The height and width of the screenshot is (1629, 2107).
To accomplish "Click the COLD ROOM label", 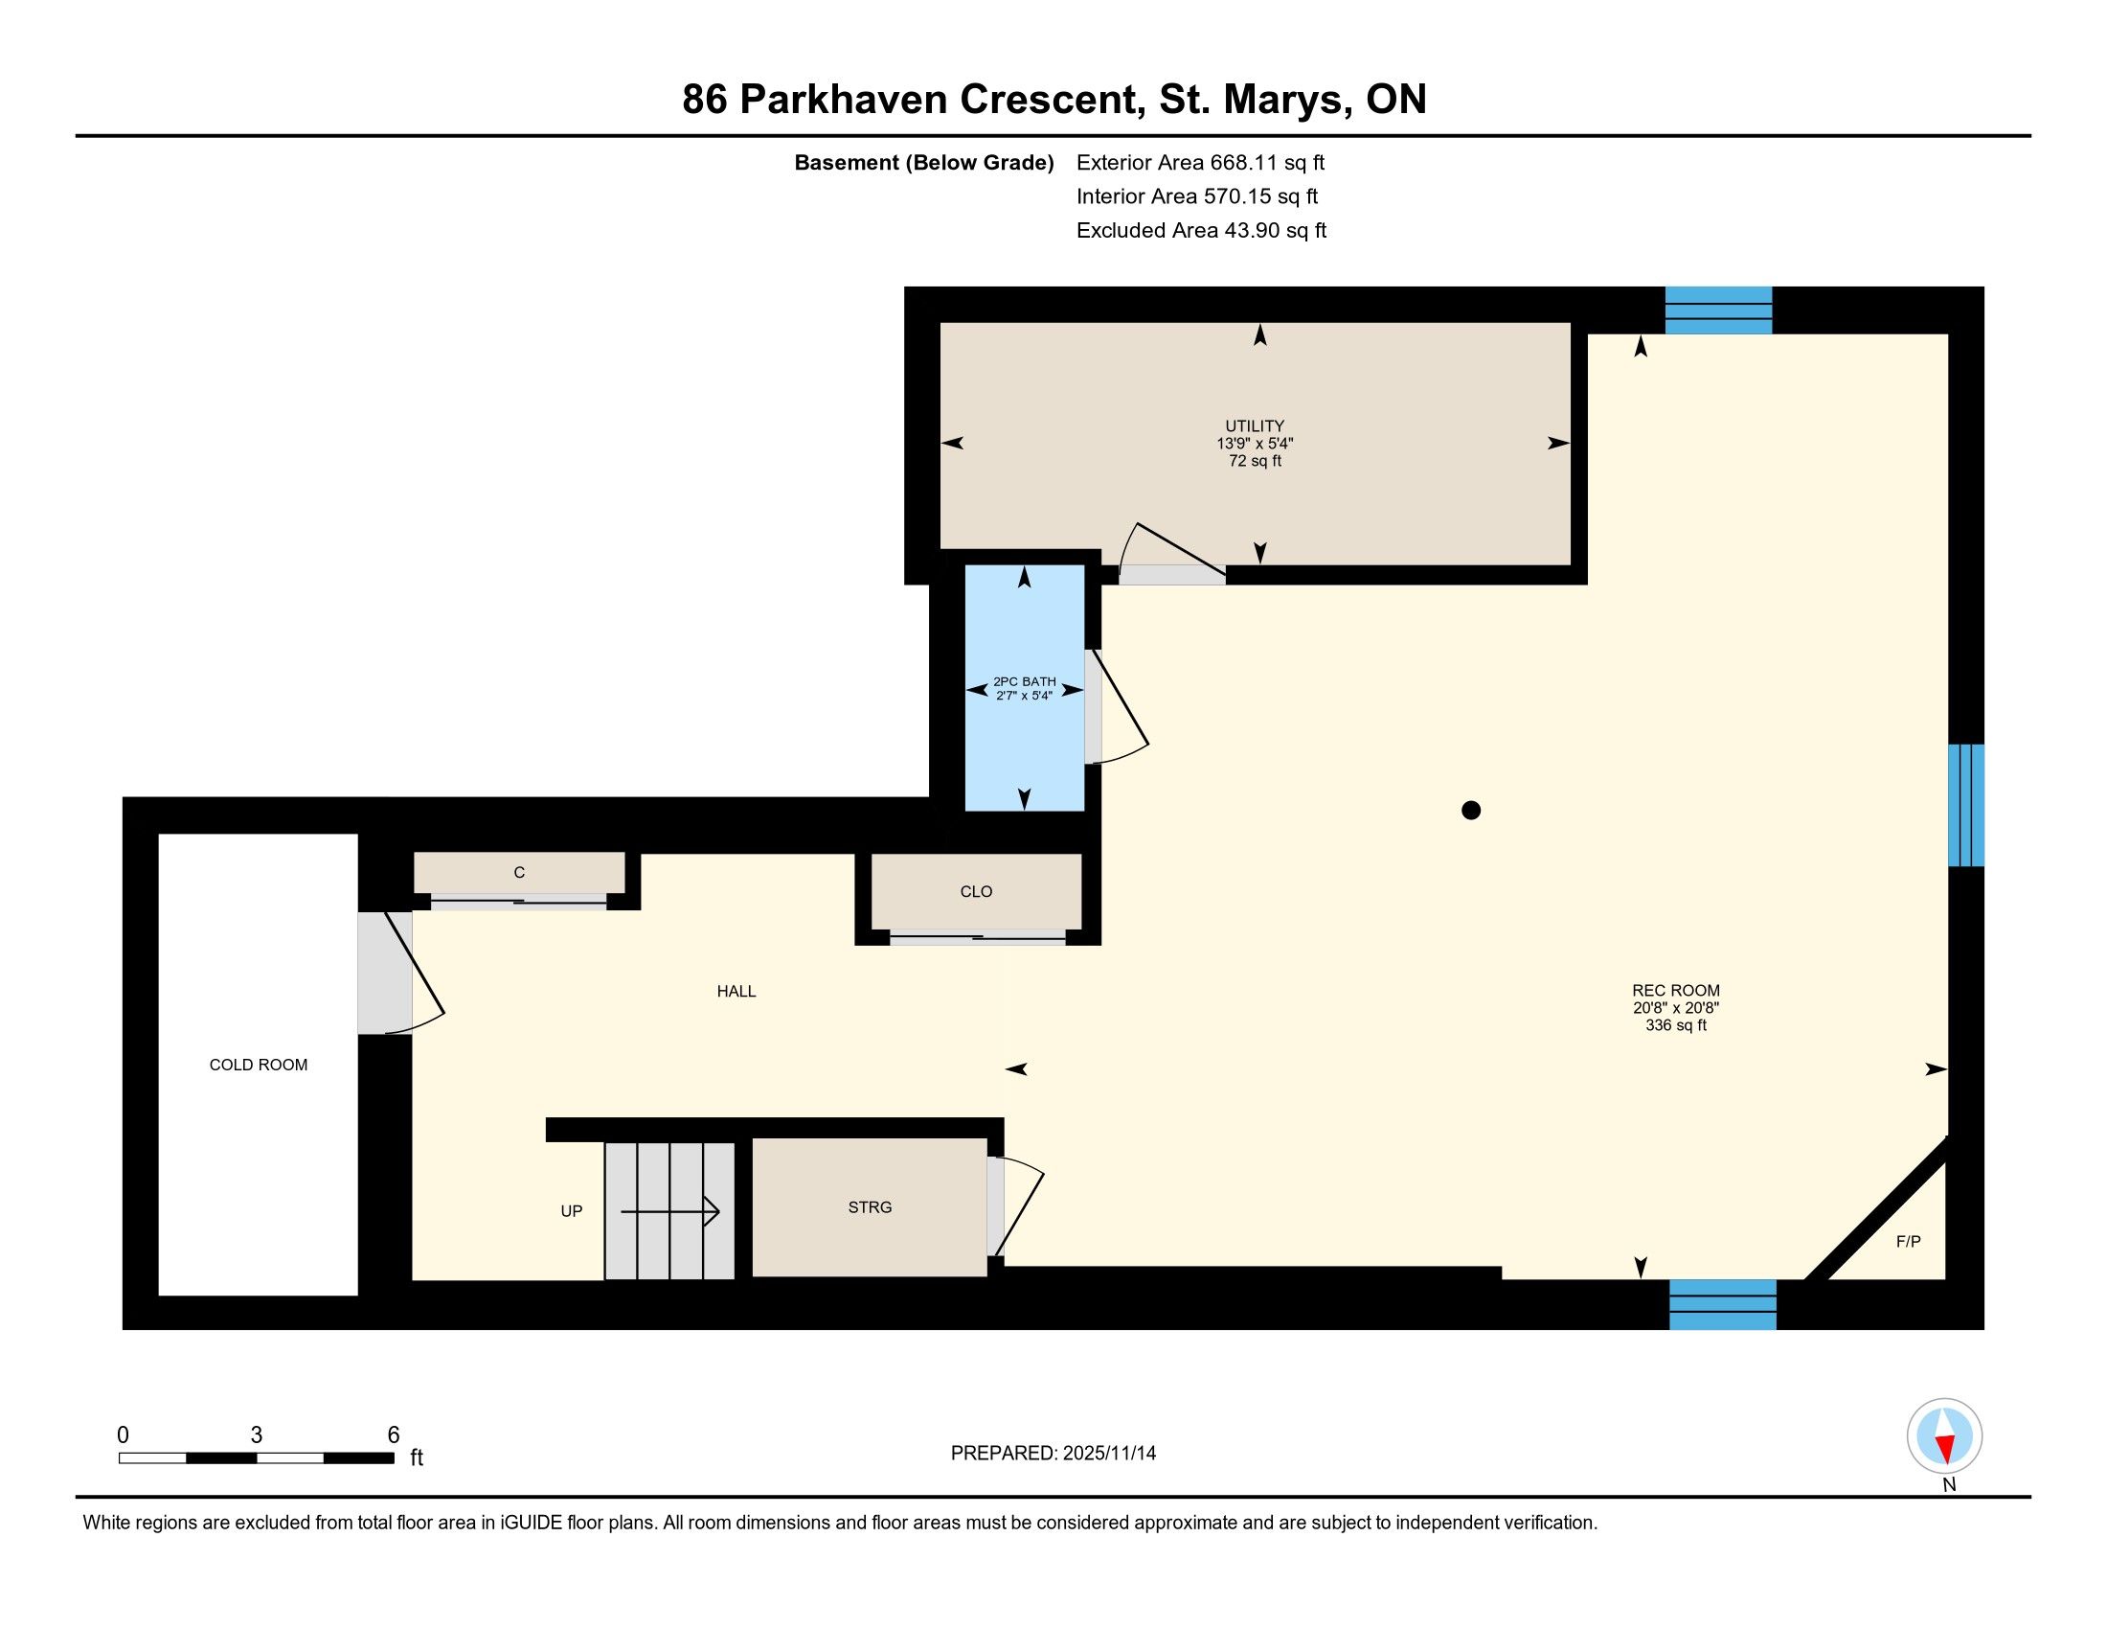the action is point(259,1065).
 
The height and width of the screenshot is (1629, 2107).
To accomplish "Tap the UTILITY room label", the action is point(1255,425).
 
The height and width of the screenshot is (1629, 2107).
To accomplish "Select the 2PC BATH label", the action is point(1025,681).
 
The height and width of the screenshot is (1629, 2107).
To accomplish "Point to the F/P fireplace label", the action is point(1908,1241).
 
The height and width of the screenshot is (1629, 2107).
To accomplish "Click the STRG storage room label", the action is point(870,1207).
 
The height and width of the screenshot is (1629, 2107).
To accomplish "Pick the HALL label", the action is point(736,991).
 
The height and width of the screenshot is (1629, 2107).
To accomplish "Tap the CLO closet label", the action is point(976,892).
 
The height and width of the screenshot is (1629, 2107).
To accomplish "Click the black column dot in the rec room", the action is point(1471,811).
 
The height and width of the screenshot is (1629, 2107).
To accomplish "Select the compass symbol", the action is point(1945,1436).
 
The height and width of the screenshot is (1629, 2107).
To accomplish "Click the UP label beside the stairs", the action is point(571,1211).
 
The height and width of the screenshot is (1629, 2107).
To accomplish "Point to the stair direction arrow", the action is point(670,1211).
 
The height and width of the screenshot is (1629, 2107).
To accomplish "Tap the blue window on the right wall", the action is point(1966,805).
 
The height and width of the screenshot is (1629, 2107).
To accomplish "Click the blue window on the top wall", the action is point(1718,310).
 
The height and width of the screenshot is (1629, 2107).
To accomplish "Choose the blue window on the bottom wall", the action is point(1723,1305).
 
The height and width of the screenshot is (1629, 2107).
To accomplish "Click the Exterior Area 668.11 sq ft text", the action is point(1201,163).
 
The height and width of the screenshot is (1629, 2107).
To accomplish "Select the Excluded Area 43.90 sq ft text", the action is point(1202,231).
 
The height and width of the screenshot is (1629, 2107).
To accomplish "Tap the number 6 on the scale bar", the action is point(394,1435).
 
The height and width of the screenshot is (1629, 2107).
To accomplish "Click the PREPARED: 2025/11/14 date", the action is point(1053,1454).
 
